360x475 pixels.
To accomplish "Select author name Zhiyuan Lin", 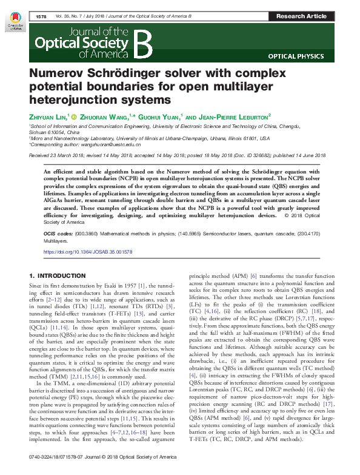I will (x=48, y=116).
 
